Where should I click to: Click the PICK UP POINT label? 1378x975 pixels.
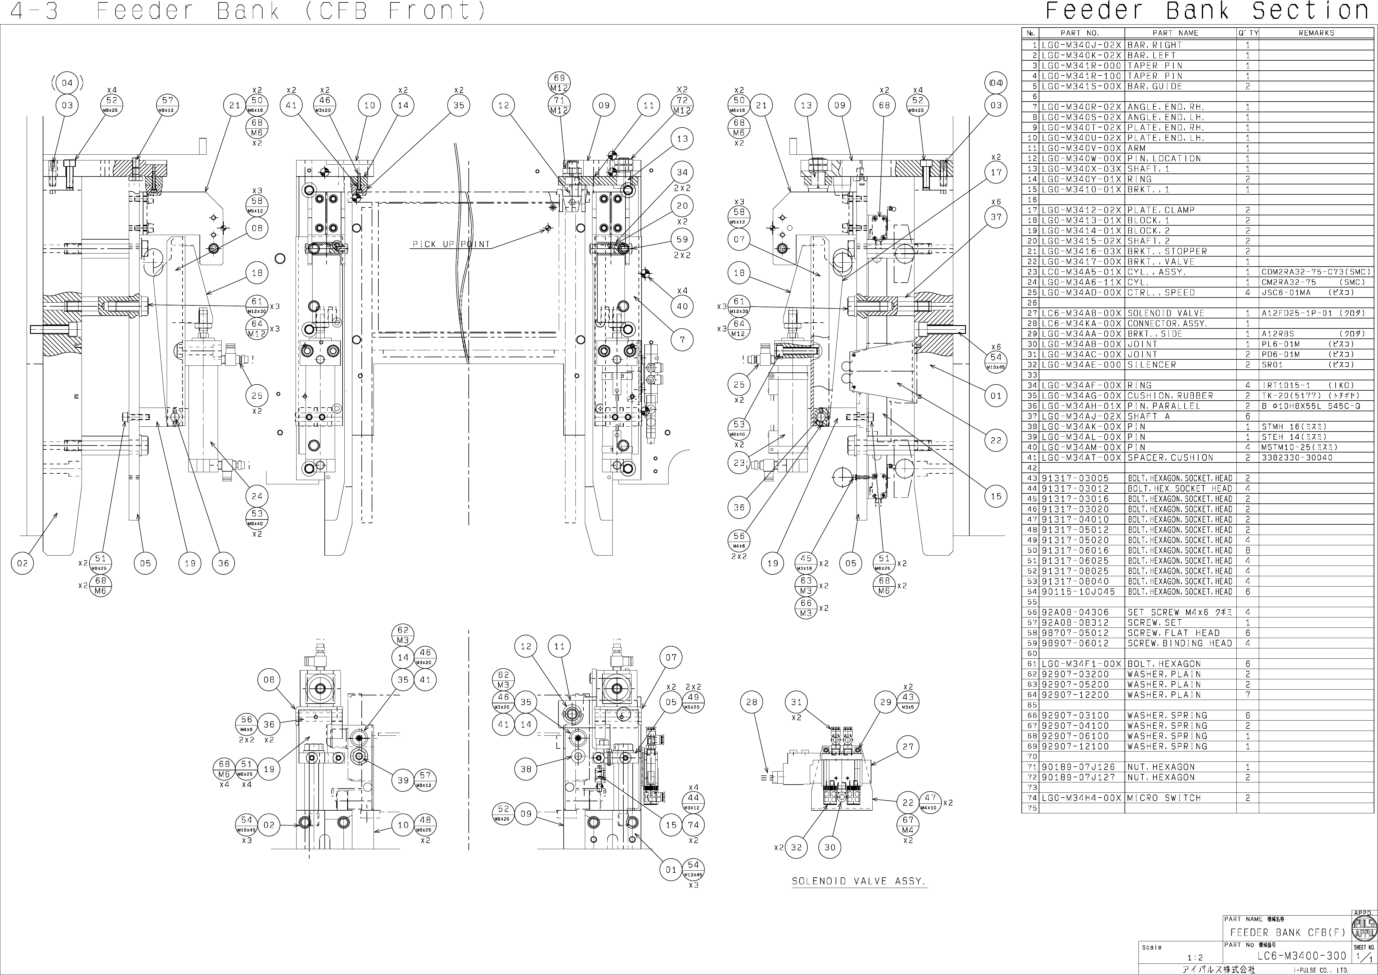451,244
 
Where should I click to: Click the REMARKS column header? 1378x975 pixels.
1316,33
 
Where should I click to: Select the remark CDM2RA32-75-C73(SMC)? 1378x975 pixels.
1316,272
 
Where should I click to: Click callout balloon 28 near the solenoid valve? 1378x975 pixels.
751,702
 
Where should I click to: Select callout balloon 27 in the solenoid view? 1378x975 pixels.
907,747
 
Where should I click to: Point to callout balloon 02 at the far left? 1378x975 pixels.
22,563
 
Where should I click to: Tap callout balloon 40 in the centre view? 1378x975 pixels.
682,306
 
